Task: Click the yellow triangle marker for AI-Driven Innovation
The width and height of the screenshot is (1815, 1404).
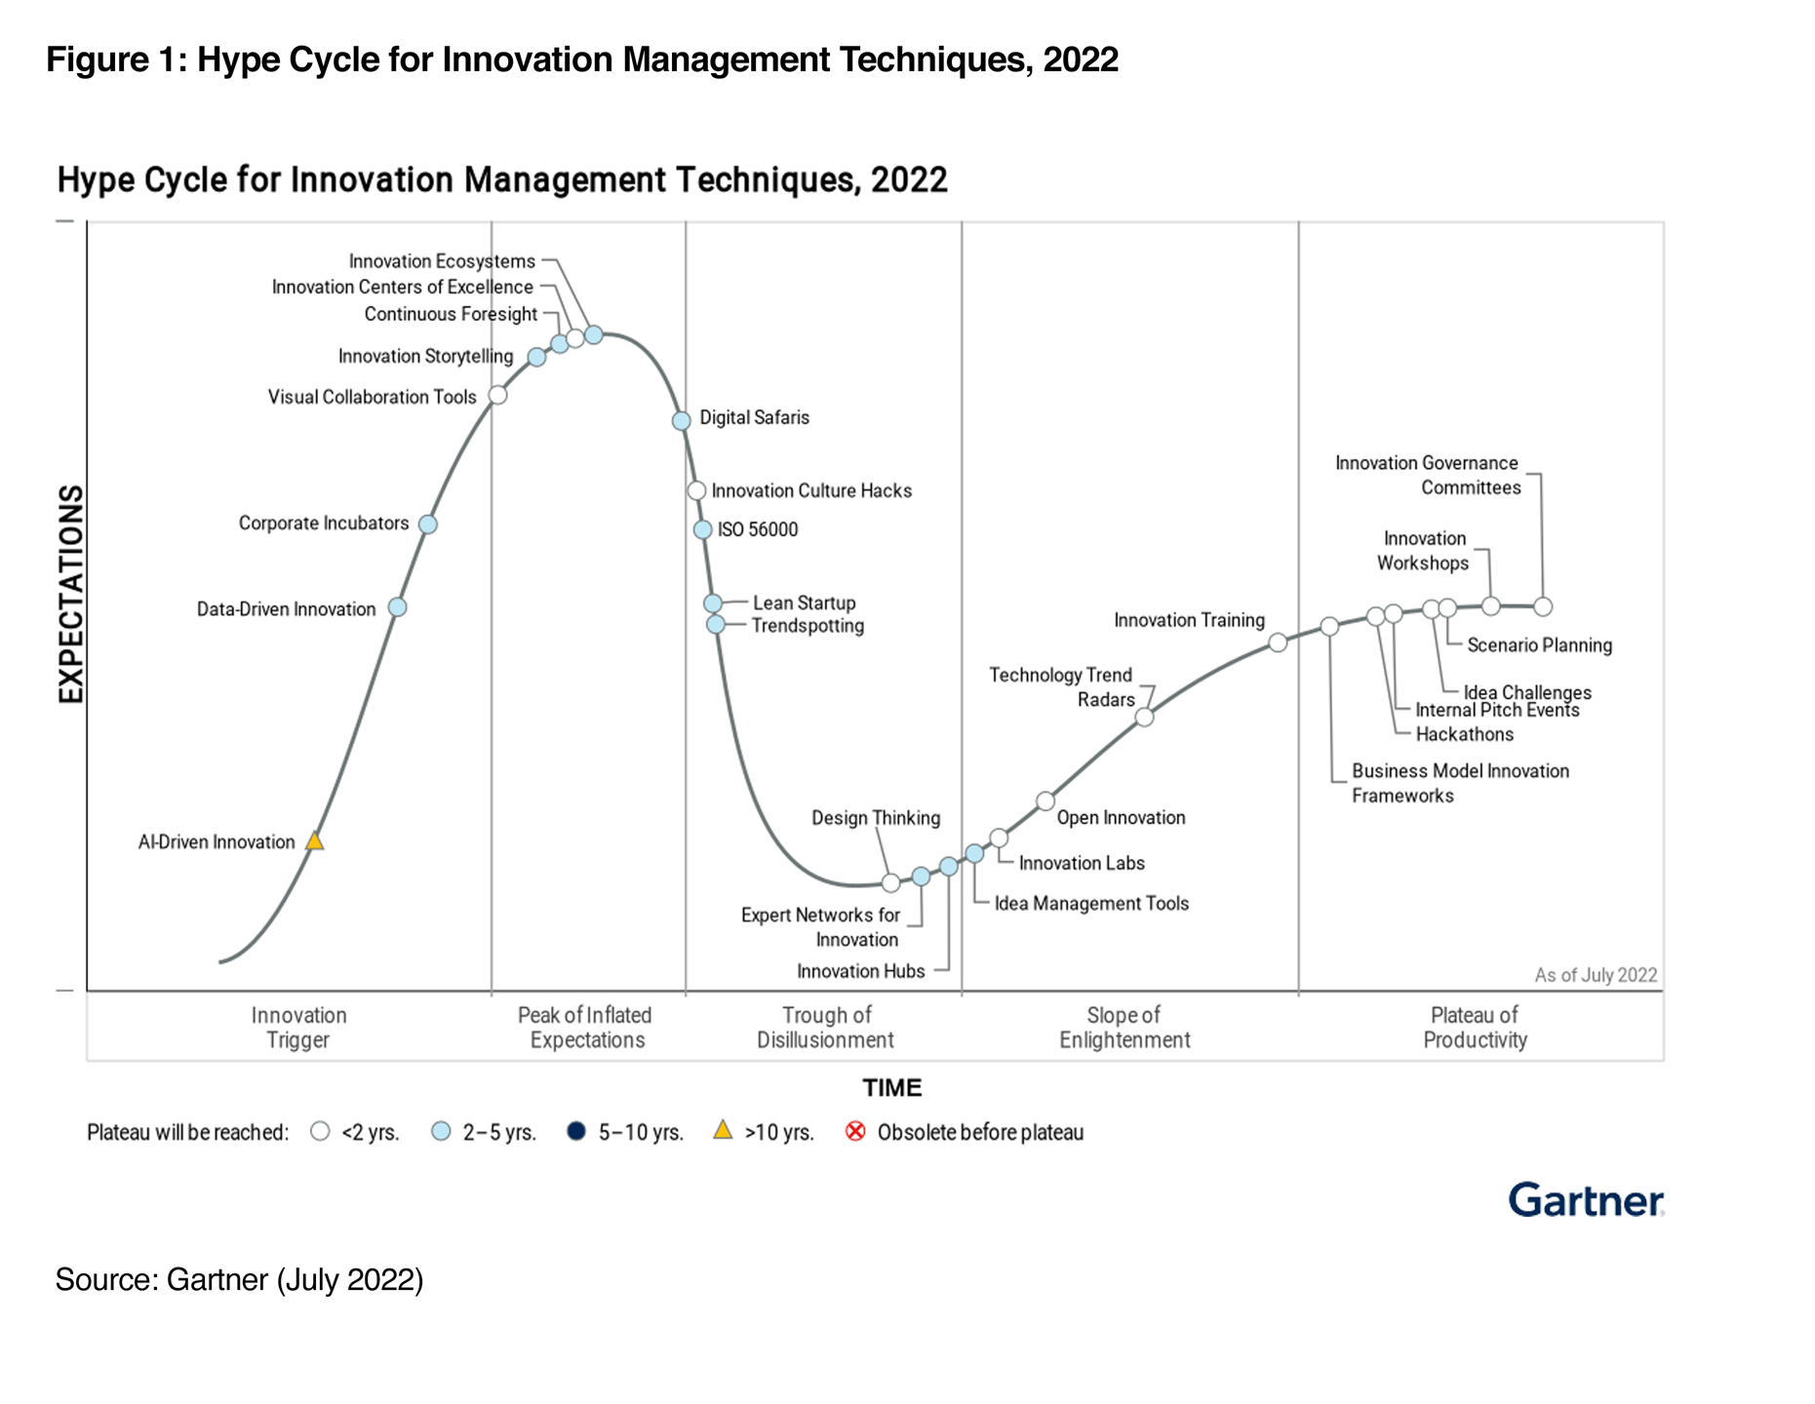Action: coord(314,840)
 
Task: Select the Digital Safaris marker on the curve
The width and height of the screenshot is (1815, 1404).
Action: coord(682,420)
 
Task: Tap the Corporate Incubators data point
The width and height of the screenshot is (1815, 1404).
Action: coord(427,525)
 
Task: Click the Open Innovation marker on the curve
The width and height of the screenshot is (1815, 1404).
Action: coord(1046,801)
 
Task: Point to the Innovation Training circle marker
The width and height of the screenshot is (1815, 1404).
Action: coord(1278,643)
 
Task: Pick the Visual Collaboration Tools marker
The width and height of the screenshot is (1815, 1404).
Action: coord(497,395)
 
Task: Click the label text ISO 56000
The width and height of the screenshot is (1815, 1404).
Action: coord(758,529)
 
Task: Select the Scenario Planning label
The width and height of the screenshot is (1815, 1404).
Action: coord(1539,645)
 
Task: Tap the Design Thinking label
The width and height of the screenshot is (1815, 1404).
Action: coord(876,818)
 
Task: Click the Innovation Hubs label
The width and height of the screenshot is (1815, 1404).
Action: coord(860,971)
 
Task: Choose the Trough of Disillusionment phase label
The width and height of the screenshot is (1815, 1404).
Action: coord(826,1028)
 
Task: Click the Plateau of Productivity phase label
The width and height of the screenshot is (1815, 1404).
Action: coord(1475,1028)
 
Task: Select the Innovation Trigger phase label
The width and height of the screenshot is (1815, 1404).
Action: coord(298,1028)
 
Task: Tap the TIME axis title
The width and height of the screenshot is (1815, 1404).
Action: coord(891,1088)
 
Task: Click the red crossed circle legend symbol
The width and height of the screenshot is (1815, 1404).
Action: coord(855,1131)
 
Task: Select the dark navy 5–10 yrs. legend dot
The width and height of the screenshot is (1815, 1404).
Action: coord(576,1131)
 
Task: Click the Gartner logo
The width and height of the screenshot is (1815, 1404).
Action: coord(1585,1200)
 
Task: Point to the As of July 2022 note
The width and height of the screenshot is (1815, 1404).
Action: coord(1596,975)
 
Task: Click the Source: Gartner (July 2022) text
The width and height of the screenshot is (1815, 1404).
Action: coord(239,1279)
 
